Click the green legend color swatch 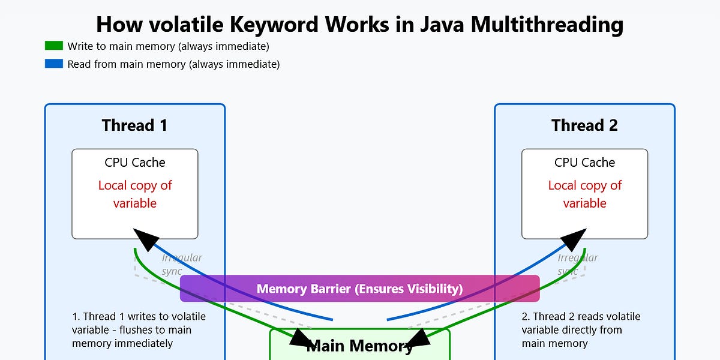(53, 46)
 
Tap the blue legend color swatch (53, 64)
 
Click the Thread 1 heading (134, 125)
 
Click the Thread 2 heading (584, 125)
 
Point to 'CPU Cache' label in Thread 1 (134, 163)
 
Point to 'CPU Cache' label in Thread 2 (584, 163)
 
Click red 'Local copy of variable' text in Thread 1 (134, 194)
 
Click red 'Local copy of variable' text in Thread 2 (584, 194)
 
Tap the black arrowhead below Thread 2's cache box (575, 238)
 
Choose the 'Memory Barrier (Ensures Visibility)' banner (359, 289)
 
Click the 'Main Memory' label (359, 346)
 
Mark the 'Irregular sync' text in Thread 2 (577, 264)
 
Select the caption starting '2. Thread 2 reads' (581, 330)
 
